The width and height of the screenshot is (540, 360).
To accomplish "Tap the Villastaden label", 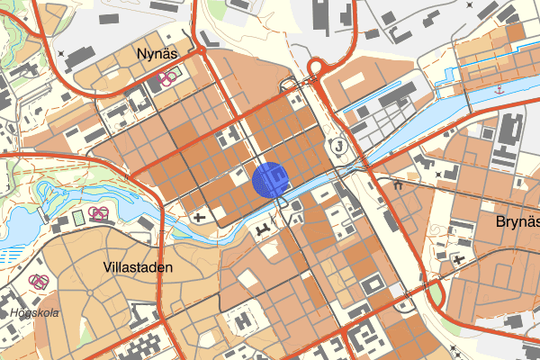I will coord(137,267).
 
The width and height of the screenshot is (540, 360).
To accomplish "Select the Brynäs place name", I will coord(517,221).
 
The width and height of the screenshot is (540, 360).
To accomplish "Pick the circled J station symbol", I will coord(338,145).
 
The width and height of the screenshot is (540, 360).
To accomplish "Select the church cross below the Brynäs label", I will coord(460,260).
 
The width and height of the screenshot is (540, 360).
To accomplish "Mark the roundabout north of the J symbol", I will coord(317,68).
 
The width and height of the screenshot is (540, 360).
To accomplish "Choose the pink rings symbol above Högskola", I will coord(39,281).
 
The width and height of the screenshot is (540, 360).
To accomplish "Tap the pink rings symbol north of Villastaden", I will coord(99,213).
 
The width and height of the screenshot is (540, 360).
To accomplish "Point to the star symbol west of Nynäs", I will coord(59,54).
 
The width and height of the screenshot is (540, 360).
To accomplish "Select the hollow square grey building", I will coord(371,286).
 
